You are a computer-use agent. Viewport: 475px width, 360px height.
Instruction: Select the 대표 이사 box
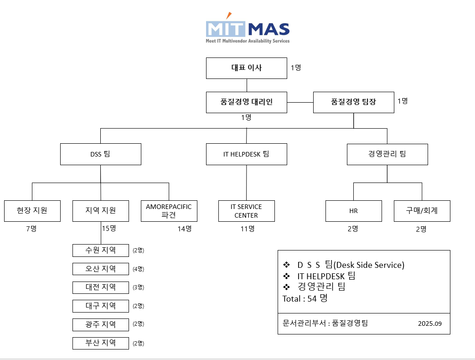(x=247, y=68)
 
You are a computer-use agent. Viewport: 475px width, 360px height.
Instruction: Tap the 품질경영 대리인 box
(x=247, y=102)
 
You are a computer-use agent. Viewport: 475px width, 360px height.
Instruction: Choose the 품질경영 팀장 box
(x=353, y=102)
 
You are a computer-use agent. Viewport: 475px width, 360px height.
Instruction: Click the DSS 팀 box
(x=100, y=154)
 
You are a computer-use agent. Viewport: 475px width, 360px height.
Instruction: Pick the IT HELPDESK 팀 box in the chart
(x=246, y=154)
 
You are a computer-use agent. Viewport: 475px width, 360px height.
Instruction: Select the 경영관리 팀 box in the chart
(x=387, y=154)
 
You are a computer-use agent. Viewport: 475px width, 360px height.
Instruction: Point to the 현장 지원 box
(x=32, y=211)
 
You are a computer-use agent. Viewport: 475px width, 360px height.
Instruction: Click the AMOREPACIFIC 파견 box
(x=169, y=211)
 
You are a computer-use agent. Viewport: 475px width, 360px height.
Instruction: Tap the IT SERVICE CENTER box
(x=246, y=211)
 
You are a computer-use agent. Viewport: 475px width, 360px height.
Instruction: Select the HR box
(x=353, y=211)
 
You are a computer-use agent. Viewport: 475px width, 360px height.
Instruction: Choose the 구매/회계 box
(x=422, y=211)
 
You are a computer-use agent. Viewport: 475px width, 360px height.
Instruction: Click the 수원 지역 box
(x=100, y=250)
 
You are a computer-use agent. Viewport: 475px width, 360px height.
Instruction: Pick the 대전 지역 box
(x=100, y=287)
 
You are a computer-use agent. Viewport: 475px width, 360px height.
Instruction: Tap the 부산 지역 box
(x=100, y=343)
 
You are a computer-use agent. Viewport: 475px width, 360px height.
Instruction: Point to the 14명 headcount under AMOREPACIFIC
(x=185, y=229)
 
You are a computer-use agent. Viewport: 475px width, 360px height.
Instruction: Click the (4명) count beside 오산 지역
(x=138, y=269)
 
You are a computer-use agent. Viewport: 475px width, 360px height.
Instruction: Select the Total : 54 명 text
(x=305, y=299)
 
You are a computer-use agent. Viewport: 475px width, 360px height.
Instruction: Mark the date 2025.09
(x=430, y=324)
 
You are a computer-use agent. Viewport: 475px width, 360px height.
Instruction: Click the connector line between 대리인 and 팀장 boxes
(x=300, y=102)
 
